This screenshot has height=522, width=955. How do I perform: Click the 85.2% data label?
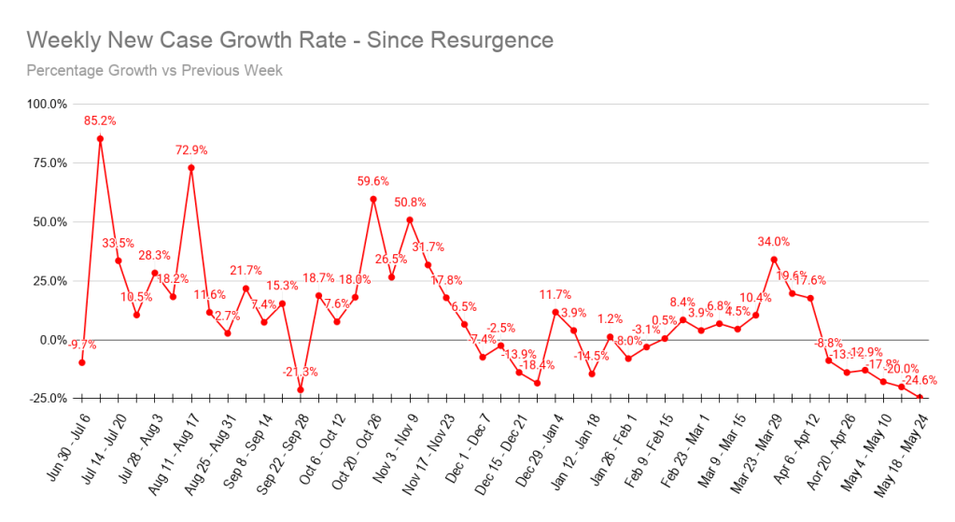[x=100, y=120]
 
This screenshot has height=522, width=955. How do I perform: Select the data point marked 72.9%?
[x=191, y=168]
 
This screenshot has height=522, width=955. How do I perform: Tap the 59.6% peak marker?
[x=373, y=198]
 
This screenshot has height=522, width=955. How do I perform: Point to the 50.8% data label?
[x=410, y=202]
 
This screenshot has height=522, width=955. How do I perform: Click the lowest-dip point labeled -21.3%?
[x=301, y=389]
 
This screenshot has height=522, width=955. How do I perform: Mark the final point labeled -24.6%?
[x=920, y=398]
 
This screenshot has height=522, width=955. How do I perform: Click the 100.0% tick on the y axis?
[x=46, y=104]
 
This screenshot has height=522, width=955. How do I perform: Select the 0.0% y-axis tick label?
[x=51, y=340]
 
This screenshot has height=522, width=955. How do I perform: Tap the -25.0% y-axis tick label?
[x=47, y=399]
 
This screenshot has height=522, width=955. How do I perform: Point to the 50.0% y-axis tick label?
[x=49, y=222]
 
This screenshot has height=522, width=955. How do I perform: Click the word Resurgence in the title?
[x=485, y=40]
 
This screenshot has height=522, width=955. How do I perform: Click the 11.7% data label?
[x=555, y=295]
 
